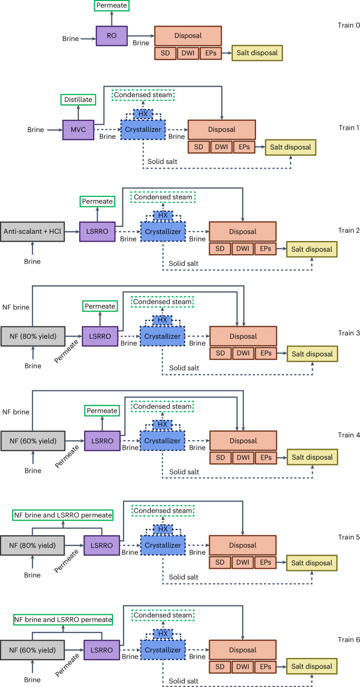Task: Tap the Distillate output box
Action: point(78,99)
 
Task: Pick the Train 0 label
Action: point(347,26)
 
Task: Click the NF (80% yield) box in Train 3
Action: point(33,336)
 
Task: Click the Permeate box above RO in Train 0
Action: point(112,6)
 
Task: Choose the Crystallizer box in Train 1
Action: point(142,129)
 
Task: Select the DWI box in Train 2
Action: point(243,249)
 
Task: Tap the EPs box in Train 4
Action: point(266,457)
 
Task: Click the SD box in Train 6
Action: point(220,667)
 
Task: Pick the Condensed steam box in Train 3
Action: point(162,301)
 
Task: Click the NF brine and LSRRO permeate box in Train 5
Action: point(63,515)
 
